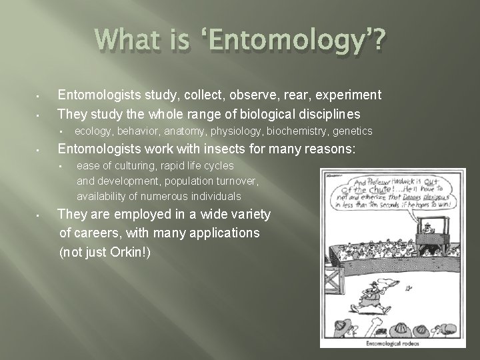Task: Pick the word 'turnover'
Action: pos(234,181)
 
